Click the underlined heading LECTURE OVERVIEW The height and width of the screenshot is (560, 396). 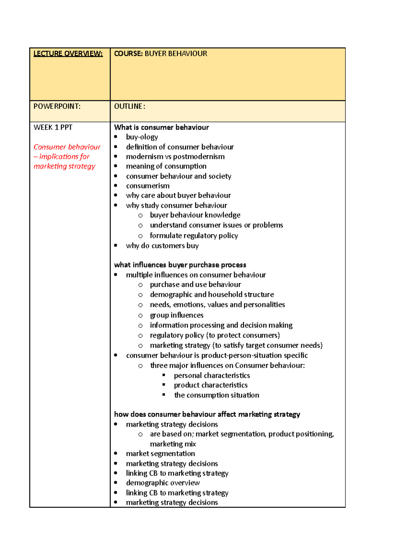click(x=68, y=53)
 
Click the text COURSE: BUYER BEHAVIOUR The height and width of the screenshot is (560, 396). click(x=160, y=53)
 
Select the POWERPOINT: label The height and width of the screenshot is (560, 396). click(x=57, y=106)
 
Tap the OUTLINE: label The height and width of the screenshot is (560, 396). click(x=129, y=106)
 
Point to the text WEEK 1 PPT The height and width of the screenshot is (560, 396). click(x=53, y=127)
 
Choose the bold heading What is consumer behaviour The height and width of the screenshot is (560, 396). click(x=161, y=127)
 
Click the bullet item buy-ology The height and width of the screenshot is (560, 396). click(x=142, y=137)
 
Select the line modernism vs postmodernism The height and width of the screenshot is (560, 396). click(x=175, y=157)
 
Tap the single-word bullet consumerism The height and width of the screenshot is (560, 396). click(x=148, y=186)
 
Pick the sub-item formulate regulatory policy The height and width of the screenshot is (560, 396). click(x=194, y=235)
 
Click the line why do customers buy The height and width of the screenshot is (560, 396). click(x=162, y=246)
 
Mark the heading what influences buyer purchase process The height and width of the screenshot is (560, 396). click(x=180, y=265)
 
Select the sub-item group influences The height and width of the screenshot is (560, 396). click(x=177, y=315)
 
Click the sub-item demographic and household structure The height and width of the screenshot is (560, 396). click(x=212, y=295)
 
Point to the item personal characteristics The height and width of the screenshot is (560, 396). click(x=212, y=376)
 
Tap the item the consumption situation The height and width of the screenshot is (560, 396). click(x=216, y=395)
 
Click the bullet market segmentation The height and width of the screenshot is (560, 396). click(x=160, y=454)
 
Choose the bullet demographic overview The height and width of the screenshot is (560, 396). click(x=163, y=483)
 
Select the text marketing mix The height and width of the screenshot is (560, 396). click(x=173, y=444)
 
